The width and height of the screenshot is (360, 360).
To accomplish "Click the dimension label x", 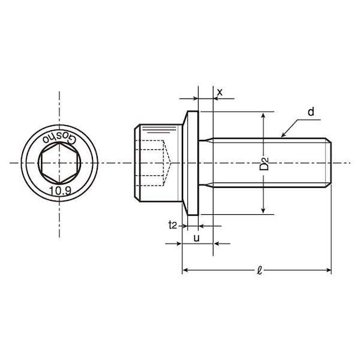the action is click(x=220, y=92).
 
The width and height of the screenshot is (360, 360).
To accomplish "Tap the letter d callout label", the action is click(x=311, y=112).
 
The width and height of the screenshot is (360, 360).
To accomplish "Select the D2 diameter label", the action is click(x=264, y=164).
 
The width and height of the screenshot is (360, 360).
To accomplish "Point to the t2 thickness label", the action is click(x=173, y=225).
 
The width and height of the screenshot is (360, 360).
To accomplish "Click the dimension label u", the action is click(x=197, y=238).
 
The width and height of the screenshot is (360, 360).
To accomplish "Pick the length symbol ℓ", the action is click(x=259, y=271).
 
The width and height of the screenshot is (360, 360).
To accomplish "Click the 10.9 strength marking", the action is click(x=61, y=191).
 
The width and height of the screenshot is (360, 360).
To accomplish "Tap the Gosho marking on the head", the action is click(x=59, y=138).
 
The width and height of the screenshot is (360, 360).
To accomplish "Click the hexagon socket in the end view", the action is click(x=59, y=163).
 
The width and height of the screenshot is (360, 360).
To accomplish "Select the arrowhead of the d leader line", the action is click(x=283, y=135).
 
